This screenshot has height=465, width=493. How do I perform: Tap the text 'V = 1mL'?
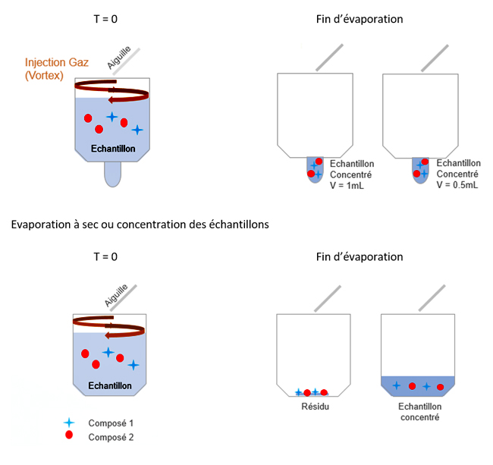tap(348, 185)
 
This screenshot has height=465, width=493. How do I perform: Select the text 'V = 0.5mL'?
tap(458, 185)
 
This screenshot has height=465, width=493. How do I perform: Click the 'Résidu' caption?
tap(312, 406)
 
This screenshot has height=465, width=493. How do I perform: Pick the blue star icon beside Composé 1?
tap(69, 422)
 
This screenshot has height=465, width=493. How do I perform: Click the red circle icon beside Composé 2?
tap(69, 435)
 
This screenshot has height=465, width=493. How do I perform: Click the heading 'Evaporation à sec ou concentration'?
tap(141, 225)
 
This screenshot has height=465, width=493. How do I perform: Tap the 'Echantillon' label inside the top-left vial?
tap(112, 149)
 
